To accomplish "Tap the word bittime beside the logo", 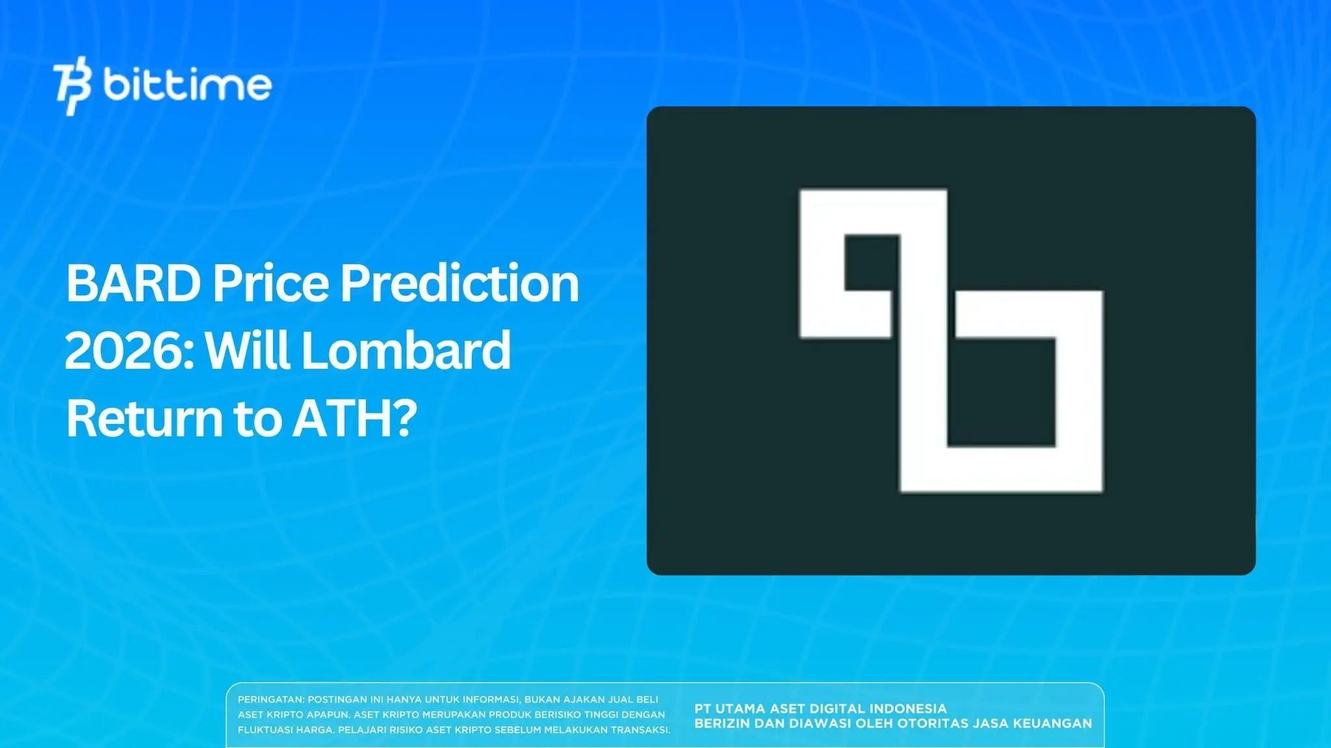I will (187, 85).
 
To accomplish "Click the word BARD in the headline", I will (133, 284).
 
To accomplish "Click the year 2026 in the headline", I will (129, 351).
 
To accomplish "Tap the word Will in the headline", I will (248, 351).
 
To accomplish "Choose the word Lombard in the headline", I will (406, 351).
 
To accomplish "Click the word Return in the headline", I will (144, 419).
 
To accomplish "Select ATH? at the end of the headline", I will (354, 419).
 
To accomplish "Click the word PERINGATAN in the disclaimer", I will (270, 700).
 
